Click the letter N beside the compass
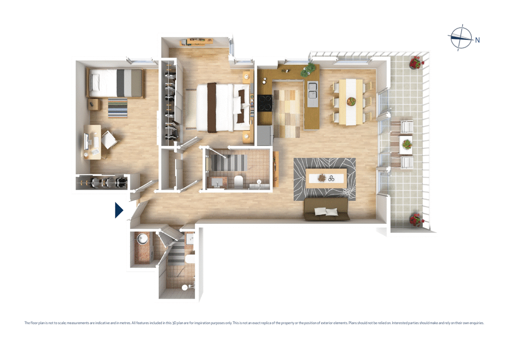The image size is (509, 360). [478, 40]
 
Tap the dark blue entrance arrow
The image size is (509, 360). [119, 210]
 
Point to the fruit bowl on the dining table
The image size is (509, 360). [352, 101]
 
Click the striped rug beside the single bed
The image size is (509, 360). [118, 108]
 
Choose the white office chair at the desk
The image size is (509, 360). [109, 140]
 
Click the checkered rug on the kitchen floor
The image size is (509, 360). [286, 113]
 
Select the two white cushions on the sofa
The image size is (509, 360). [326, 212]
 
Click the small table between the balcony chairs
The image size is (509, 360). [406, 144]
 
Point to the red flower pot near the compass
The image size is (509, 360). [415, 63]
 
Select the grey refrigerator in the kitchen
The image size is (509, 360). [264, 135]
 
